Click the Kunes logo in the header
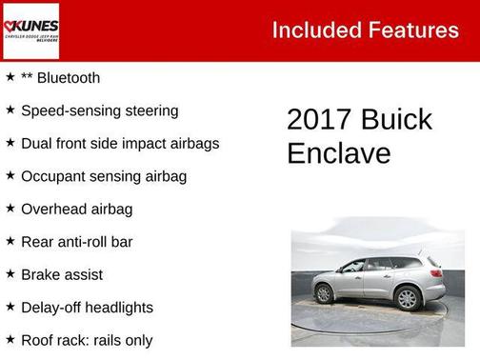(30, 30)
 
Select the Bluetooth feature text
(60, 78)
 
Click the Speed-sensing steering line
(99, 110)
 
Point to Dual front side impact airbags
(120, 143)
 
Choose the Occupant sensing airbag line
(103, 176)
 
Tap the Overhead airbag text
(76, 209)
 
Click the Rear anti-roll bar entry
(76, 242)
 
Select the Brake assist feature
(61, 274)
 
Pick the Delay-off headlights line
(87, 308)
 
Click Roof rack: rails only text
(87, 340)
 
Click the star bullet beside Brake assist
(10, 273)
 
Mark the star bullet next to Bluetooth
(10, 77)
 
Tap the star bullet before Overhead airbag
(10, 208)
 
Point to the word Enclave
(338, 153)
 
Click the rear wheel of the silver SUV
(408, 297)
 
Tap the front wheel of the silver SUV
(325, 293)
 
